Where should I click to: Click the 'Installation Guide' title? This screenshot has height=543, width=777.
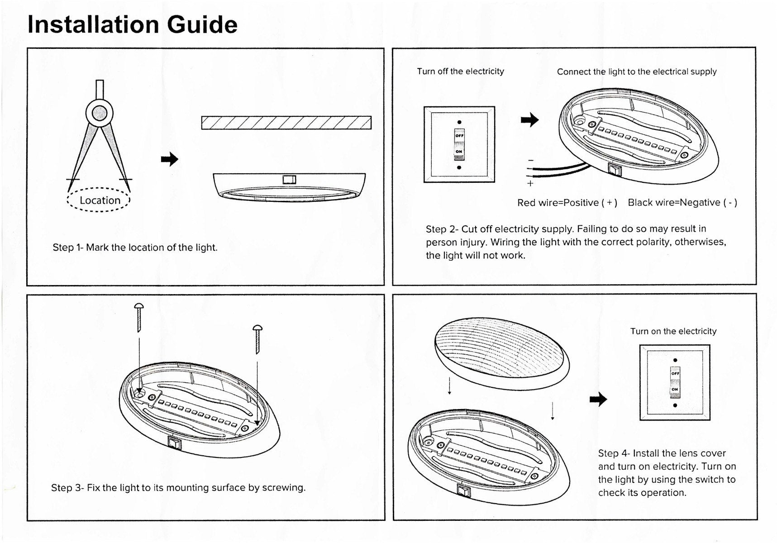pos(132,24)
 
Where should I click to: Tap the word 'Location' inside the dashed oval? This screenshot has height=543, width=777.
pos(100,200)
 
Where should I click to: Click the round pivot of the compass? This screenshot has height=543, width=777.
pos(100,113)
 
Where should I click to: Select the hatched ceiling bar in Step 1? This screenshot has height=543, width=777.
pos(286,123)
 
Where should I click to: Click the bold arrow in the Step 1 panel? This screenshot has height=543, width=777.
pos(170,159)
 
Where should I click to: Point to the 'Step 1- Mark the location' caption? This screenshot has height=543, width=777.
pos(135,248)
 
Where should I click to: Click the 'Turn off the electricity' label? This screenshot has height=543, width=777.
pos(460,71)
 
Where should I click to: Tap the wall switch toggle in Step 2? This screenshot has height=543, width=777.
pos(459,144)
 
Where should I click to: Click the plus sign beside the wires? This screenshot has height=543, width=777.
pos(530,183)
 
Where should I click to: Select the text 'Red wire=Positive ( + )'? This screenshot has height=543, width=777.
pos(567,203)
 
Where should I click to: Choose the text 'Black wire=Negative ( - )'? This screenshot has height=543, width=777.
pos(682,203)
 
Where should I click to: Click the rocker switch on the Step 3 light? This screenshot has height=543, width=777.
pos(174,442)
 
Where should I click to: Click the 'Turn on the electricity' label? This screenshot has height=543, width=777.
pos(673,331)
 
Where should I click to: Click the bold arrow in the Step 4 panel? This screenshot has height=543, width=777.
pos(599,399)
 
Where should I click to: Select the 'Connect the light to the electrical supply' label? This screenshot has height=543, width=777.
pos(636,71)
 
